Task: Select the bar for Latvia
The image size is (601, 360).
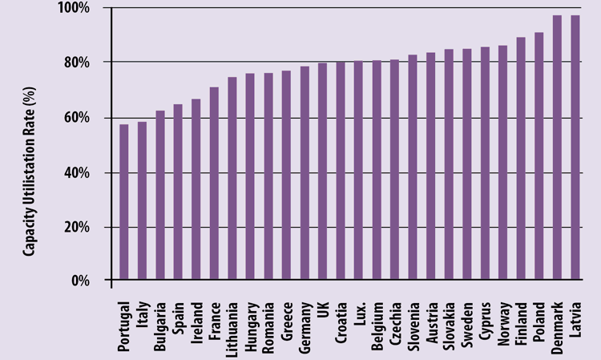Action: coord(575,148)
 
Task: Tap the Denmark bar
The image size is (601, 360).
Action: coord(557,148)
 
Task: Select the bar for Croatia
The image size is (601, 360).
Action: coord(341,172)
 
